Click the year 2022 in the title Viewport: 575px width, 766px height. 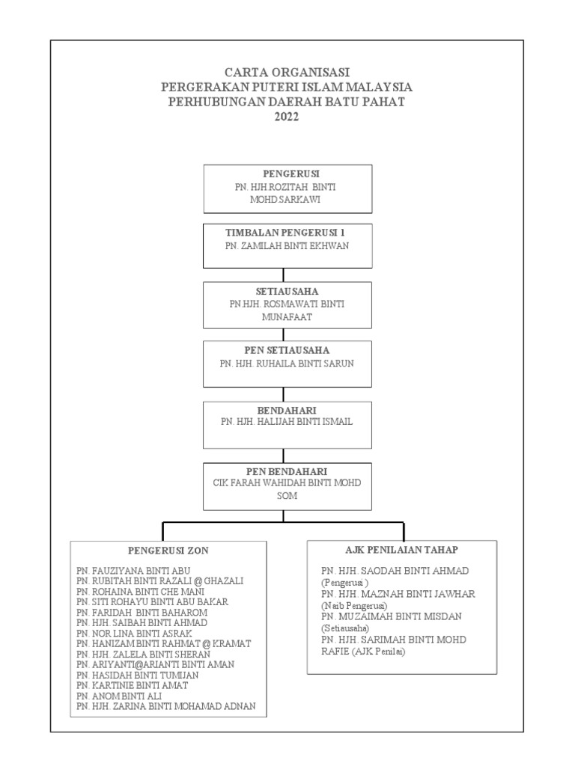coord(287,116)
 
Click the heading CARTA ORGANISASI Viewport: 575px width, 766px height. coord(287,73)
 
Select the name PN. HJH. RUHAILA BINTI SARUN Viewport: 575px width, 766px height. coord(287,363)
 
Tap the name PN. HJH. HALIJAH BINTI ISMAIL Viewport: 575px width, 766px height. coord(287,422)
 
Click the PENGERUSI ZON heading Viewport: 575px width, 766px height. coord(168,551)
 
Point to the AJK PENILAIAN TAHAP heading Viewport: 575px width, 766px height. coord(401,549)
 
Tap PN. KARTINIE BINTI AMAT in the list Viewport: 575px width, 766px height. coord(132,685)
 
